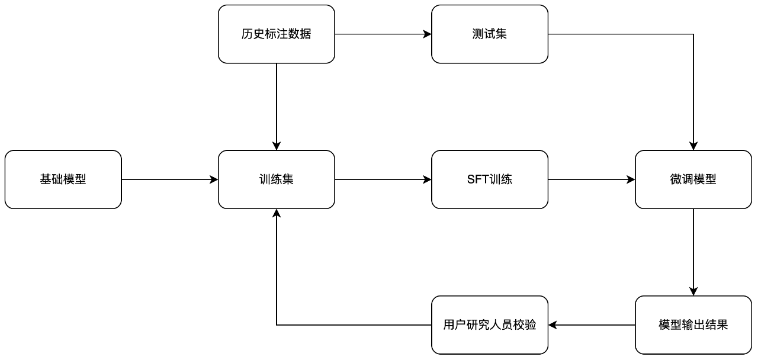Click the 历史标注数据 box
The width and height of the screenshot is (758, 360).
277,34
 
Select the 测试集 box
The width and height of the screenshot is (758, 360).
490,34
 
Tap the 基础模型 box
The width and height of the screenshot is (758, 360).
63,179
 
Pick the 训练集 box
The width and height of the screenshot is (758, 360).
277,179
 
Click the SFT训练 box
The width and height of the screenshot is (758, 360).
490,179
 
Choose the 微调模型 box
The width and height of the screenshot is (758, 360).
693,179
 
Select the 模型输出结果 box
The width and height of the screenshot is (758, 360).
693,324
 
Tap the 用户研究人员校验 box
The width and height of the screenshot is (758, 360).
490,324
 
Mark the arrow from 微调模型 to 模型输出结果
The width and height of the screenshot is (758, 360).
693,252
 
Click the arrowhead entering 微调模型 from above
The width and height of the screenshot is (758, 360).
693,146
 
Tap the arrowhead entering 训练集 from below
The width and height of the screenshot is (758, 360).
277,213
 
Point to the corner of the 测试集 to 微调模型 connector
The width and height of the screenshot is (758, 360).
693,34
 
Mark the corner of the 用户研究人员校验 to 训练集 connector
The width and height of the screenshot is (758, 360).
277,324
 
